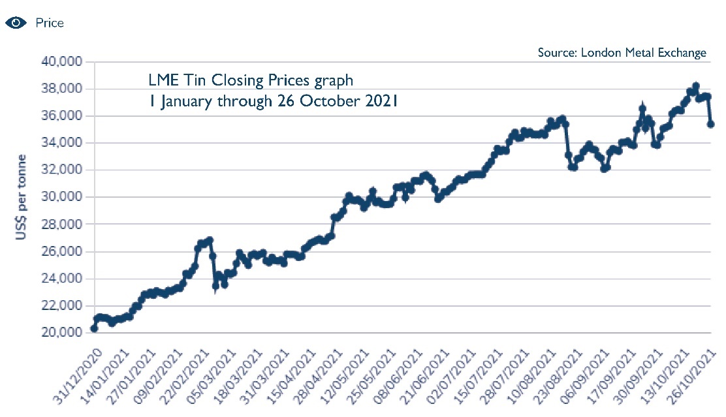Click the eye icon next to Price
point(16,23)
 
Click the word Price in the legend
point(50,23)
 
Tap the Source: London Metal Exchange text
point(622,53)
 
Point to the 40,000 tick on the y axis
point(61,62)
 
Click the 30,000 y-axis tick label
point(61,197)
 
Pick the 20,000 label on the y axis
point(61,333)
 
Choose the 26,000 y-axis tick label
point(61,251)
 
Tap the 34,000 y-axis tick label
point(61,143)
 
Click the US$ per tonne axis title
point(22,196)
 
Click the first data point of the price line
point(94,328)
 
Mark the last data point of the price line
point(711,124)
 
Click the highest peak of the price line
point(696,86)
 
